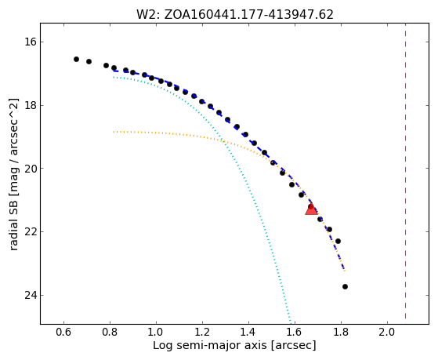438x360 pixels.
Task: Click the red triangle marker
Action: [x=311, y=209]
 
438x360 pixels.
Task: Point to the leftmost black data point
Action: [x=76, y=59]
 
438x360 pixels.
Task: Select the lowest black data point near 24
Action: [x=345, y=286]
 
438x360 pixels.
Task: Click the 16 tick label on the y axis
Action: [x=31, y=42]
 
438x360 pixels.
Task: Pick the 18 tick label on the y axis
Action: [x=31, y=105]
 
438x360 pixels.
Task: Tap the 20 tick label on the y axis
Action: [x=31, y=169]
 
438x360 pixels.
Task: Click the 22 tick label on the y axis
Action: [x=31, y=231]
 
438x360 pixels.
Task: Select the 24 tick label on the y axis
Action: [x=31, y=295]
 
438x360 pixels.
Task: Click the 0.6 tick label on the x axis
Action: [x=63, y=332]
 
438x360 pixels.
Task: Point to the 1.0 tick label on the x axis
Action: [x=156, y=332]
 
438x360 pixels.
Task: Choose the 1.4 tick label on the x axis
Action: [x=248, y=332]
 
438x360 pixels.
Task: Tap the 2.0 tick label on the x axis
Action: [x=387, y=332]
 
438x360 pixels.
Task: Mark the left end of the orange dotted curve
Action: [x=114, y=132]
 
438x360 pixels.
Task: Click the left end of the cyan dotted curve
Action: [x=114, y=77]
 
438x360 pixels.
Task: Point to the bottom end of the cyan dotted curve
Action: [x=291, y=322]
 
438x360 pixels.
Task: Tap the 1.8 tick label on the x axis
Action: [x=341, y=332]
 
